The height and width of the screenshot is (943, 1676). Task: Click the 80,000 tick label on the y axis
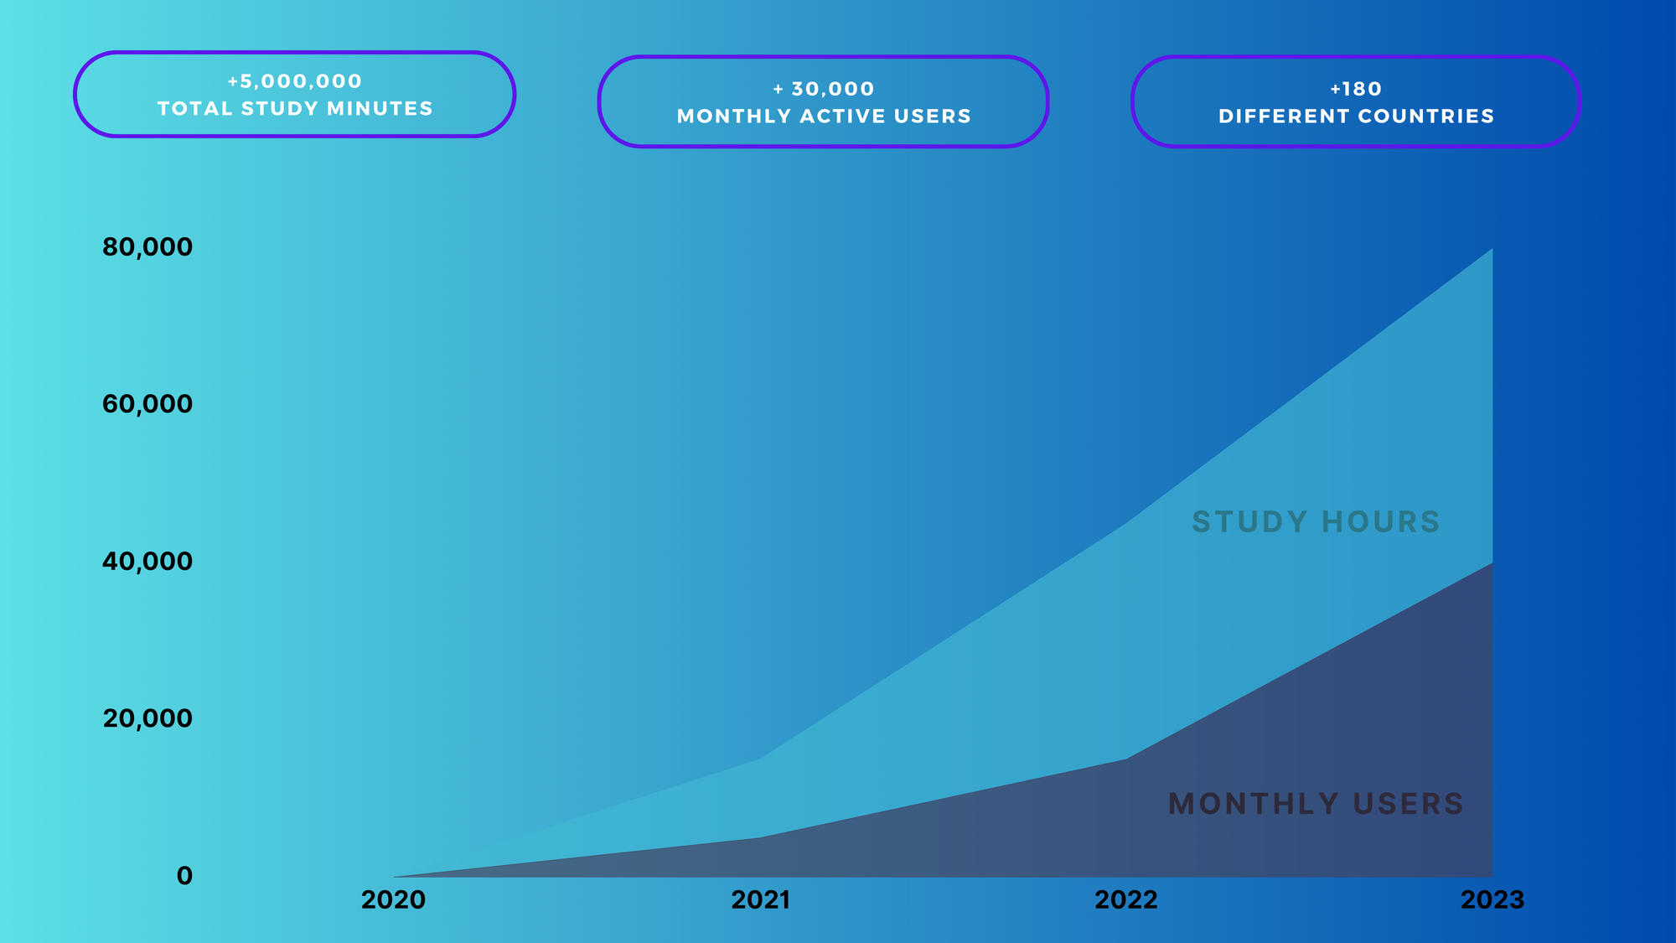147,247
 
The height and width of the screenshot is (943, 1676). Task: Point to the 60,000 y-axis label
147,404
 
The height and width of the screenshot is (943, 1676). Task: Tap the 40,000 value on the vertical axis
147,562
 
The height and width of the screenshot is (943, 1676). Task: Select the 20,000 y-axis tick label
147,718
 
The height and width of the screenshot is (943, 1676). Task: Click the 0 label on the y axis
184,876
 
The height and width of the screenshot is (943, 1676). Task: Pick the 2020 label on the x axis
393,900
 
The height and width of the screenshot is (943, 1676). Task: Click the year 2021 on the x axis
761,900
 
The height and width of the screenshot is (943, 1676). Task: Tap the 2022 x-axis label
1126,900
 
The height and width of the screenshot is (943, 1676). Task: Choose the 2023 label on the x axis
1492,900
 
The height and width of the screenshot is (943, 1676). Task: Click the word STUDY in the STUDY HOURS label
1249,522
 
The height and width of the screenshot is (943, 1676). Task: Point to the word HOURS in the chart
1381,522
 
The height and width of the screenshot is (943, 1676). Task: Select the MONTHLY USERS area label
1316,804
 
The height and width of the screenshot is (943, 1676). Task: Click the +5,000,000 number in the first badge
295,81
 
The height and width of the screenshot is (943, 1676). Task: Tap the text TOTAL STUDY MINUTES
295,108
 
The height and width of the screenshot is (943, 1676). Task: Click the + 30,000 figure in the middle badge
824,89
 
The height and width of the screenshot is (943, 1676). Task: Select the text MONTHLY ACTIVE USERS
824,116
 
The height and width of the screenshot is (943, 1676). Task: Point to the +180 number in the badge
1356,89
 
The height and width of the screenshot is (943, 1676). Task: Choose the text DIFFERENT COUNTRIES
1356,116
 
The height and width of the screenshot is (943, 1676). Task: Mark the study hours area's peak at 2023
1492,249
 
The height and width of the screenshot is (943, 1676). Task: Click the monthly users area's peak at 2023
1492,562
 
